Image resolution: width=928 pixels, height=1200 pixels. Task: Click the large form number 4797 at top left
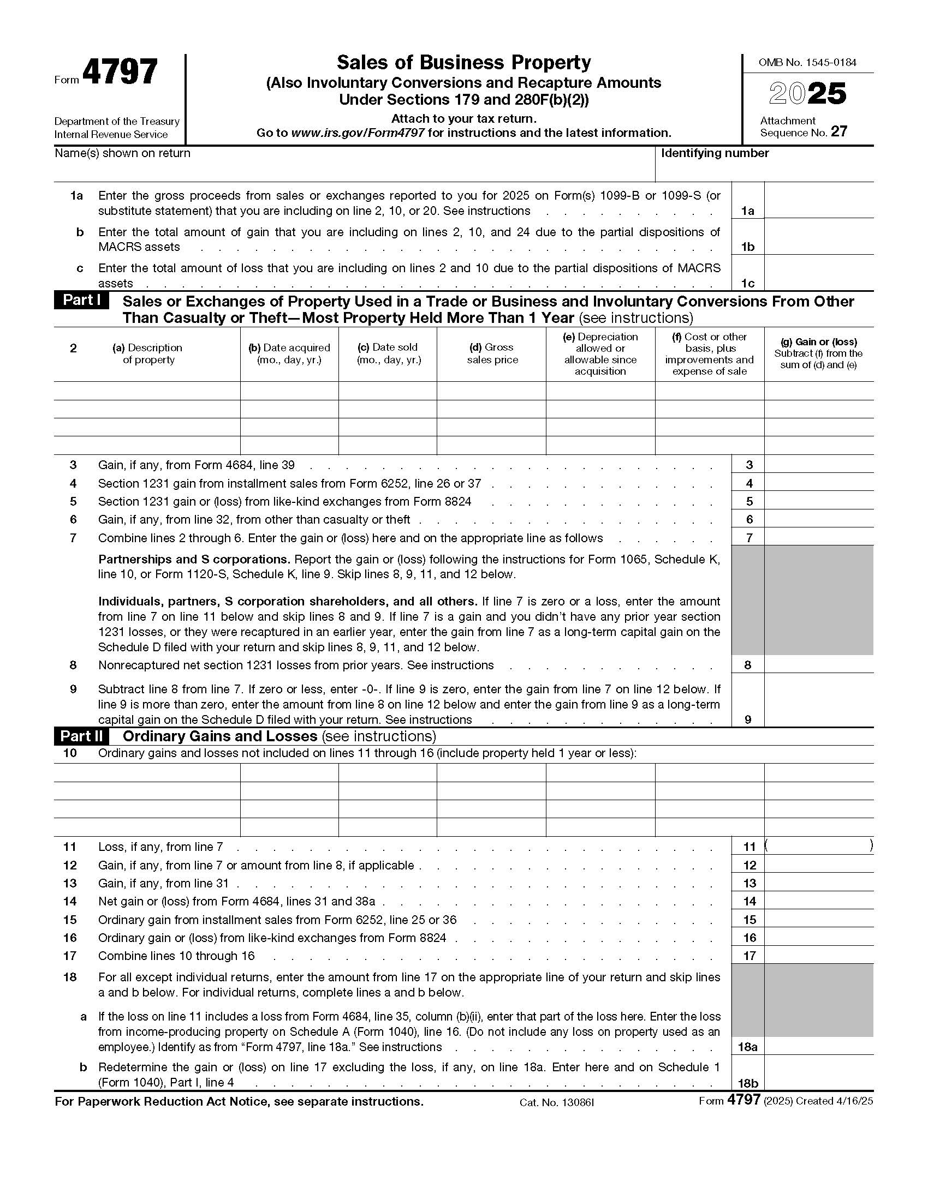pyautogui.click(x=120, y=73)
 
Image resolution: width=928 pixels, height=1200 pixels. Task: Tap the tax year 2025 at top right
pyautogui.click(x=807, y=94)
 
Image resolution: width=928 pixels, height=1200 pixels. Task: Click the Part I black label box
pyautogui.click(x=81, y=301)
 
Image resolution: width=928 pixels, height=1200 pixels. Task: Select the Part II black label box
pyautogui.click(x=81, y=736)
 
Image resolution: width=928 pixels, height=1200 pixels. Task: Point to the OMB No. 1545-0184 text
pyautogui.click(x=807, y=63)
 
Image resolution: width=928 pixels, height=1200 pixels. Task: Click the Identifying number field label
pyautogui.click(x=714, y=153)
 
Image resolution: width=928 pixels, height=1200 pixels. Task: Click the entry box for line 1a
pyautogui.click(x=818, y=203)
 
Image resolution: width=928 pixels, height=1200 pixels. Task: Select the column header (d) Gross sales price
pyautogui.click(x=491, y=353)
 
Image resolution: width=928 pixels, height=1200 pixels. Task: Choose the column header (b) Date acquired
pyautogui.click(x=289, y=353)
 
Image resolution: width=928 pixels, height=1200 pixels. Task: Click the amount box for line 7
pyautogui.click(x=818, y=537)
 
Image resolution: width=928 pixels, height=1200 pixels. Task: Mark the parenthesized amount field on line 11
pyautogui.click(x=818, y=847)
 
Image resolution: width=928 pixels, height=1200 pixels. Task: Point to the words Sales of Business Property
pyautogui.click(x=463, y=63)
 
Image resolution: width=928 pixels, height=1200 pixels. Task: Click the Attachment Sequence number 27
pyautogui.click(x=839, y=132)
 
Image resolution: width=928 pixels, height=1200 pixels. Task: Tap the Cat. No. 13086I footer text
pyautogui.click(x=556, y=1103)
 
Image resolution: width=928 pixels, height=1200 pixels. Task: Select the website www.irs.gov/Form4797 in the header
pyautogui.click(x=358, y=133)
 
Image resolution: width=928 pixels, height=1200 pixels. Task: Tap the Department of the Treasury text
pyautogui.click(x=117, y=122)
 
